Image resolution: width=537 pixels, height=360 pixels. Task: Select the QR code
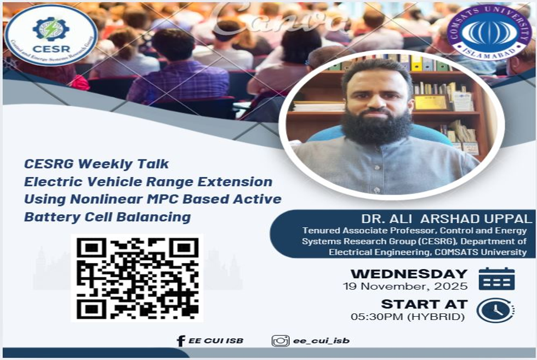click(x=137, y=278)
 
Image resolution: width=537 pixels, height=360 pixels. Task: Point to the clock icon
click(x=495, y=310)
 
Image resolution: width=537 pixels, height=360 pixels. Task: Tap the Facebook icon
click(x=181, y=341)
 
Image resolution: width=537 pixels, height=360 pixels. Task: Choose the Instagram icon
click(x=281, y=341)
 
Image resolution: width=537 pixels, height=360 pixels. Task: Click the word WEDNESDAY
click(x=409, y=274)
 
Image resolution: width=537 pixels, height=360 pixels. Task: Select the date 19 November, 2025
click(x=405, y=286)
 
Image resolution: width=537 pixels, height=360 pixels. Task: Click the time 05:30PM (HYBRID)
click(x=408, y=317)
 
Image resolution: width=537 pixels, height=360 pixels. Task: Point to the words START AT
click(x=424, y=304)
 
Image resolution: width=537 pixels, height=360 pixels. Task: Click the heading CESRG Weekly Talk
click(x=96, y=164)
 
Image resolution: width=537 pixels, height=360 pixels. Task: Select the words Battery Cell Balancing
click(x=107, y=217)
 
